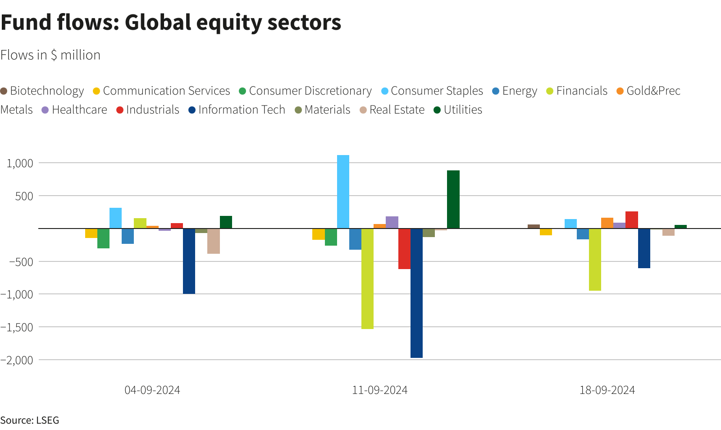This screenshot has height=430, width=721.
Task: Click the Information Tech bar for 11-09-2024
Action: tap(416, 293)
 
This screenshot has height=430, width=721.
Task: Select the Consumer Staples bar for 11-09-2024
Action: tap(343, 192)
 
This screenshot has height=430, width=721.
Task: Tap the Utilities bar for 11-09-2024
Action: tap(453, 199)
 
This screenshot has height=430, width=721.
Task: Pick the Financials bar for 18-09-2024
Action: tap(595, 259)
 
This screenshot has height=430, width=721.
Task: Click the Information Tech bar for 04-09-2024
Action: tap(189, 261)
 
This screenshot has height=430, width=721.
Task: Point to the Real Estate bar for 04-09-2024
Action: tap(214, 241)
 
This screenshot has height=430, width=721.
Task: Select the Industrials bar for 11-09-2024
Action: tap(404, 248)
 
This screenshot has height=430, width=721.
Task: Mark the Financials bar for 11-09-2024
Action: tap(367, 279)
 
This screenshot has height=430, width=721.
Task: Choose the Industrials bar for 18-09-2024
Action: tap(631, 220)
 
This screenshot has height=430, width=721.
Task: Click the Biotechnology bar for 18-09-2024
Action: tap(534, 226)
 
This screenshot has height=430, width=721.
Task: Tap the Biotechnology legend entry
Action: tap(42, 91)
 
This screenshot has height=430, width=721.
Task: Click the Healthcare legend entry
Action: tap(74, 110)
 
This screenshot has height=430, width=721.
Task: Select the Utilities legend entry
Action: tap(458, 110)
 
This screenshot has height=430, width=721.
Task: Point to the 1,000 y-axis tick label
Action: tap(20, 163)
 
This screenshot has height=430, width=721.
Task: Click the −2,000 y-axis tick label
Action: tap(17, 360)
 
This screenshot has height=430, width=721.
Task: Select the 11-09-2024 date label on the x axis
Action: tap(379, 390)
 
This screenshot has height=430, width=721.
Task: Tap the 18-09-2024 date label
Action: tap(607, 390)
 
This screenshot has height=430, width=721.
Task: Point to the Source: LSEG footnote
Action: tap(30, 421)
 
